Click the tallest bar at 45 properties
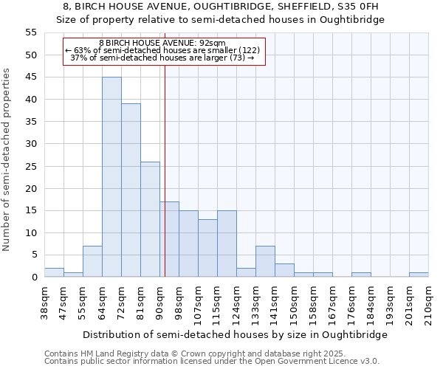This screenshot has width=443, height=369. point(111,177)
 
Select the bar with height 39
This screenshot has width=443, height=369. point(131,190)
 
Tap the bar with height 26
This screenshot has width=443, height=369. point(150,219)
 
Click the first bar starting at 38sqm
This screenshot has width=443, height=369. point(54,272)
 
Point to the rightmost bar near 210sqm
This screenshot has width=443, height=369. point(419,275)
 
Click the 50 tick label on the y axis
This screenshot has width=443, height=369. point(31,55)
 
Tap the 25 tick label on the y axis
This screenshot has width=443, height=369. point(31,166)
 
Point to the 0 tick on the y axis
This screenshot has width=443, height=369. point(34,277)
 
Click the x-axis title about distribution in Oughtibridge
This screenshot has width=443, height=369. point(235,334)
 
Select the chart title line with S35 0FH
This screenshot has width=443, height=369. point(221,7)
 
